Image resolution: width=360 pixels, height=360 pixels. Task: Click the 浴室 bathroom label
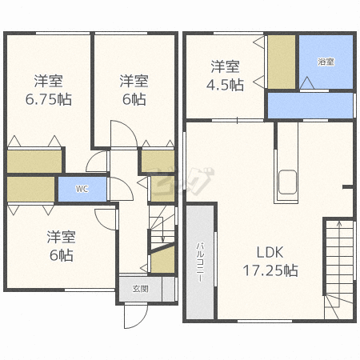point(326,62)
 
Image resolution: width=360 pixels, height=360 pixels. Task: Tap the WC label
point(82,189)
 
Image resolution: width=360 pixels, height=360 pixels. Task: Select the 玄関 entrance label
point(140,289)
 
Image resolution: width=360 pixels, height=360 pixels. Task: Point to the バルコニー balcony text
point(200,262)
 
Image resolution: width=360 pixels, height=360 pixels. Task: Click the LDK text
point(270,252)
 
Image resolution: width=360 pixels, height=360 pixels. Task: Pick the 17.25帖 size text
point(270,270)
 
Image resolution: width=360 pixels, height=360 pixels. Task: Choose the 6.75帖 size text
point(49,99)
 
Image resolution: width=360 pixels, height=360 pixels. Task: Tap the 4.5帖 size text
point(225,85)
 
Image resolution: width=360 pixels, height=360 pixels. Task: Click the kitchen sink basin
point(287,182)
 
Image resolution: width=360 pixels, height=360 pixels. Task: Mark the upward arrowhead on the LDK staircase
point(339,223)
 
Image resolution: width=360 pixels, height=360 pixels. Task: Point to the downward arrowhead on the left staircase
point(162,240)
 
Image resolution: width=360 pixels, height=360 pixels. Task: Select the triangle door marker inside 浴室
point(307,83)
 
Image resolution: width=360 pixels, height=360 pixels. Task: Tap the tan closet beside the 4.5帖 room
point(282,62)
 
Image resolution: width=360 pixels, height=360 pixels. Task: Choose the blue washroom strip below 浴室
point(310,106)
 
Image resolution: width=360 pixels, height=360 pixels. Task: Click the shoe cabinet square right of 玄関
point(169,290)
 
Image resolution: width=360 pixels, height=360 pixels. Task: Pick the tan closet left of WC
point(31,189)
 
